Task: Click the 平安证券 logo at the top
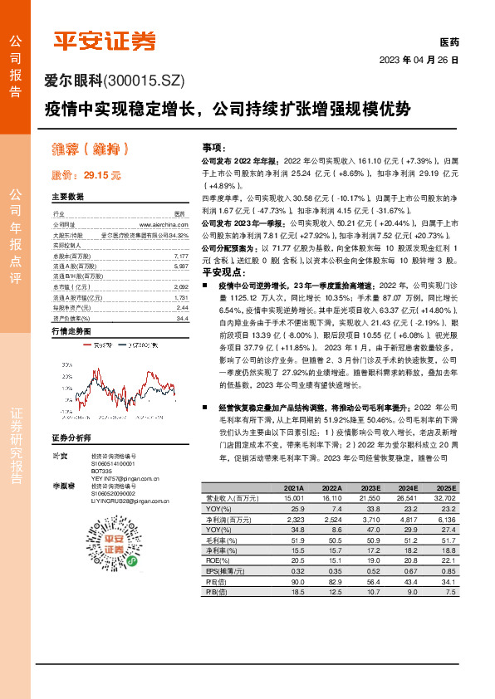(x=105, y=40)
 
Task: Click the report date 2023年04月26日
(x=419, y=60)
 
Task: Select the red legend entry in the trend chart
(x=101, y=341)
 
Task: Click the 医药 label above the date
(x=448, y=42)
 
